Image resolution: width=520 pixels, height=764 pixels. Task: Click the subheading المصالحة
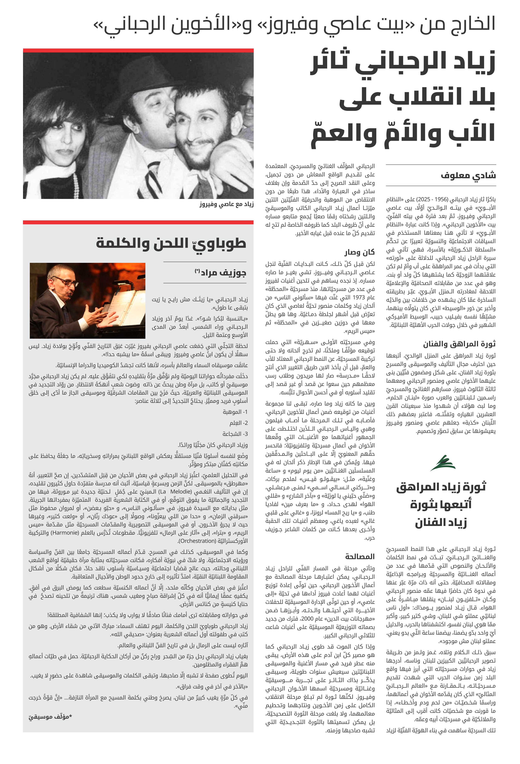pyautogui.click(x=360, y=556)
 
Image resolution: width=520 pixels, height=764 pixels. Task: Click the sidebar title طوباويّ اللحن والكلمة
pyautogui.click(x=171, y=244)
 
